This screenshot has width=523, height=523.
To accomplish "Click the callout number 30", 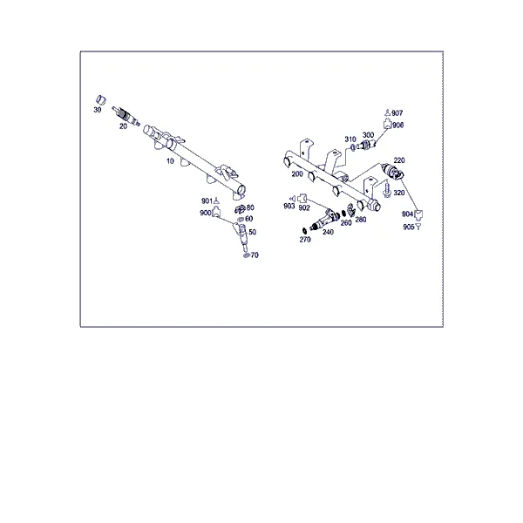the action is tap(98, 110).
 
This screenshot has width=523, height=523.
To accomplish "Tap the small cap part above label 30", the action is tap(101, 99).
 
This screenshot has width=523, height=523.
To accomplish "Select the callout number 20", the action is tap(123, 126).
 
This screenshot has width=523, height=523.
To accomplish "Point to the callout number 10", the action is tap(170, 161).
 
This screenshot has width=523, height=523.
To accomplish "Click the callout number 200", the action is tap(297, 174).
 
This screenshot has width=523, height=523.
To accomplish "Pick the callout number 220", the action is tap(399, 160).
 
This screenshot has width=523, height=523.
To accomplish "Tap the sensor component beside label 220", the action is tap(392, 171).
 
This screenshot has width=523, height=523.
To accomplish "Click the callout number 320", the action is tap(399, 193).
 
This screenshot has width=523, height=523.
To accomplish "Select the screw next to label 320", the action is tap(387, 189).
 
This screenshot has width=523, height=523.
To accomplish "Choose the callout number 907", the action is tap(397, 113).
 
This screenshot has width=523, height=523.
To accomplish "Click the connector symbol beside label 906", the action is tap(387, 124).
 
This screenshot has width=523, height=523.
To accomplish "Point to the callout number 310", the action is tap(350, 139).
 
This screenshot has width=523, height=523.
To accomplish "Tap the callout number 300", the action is tap(368, 135).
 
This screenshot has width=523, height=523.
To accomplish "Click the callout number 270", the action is tap(305, 240).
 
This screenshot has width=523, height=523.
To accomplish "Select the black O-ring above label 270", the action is tap(304, 230).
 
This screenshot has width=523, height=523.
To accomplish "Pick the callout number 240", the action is tap(328, 232).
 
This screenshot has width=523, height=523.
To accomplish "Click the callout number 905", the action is tap(409, 228).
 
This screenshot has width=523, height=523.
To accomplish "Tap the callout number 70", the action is tap(255, 255).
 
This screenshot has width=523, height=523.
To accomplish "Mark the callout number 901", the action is tap(207, 200).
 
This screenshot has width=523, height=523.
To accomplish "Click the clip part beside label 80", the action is tap(241, 209).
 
